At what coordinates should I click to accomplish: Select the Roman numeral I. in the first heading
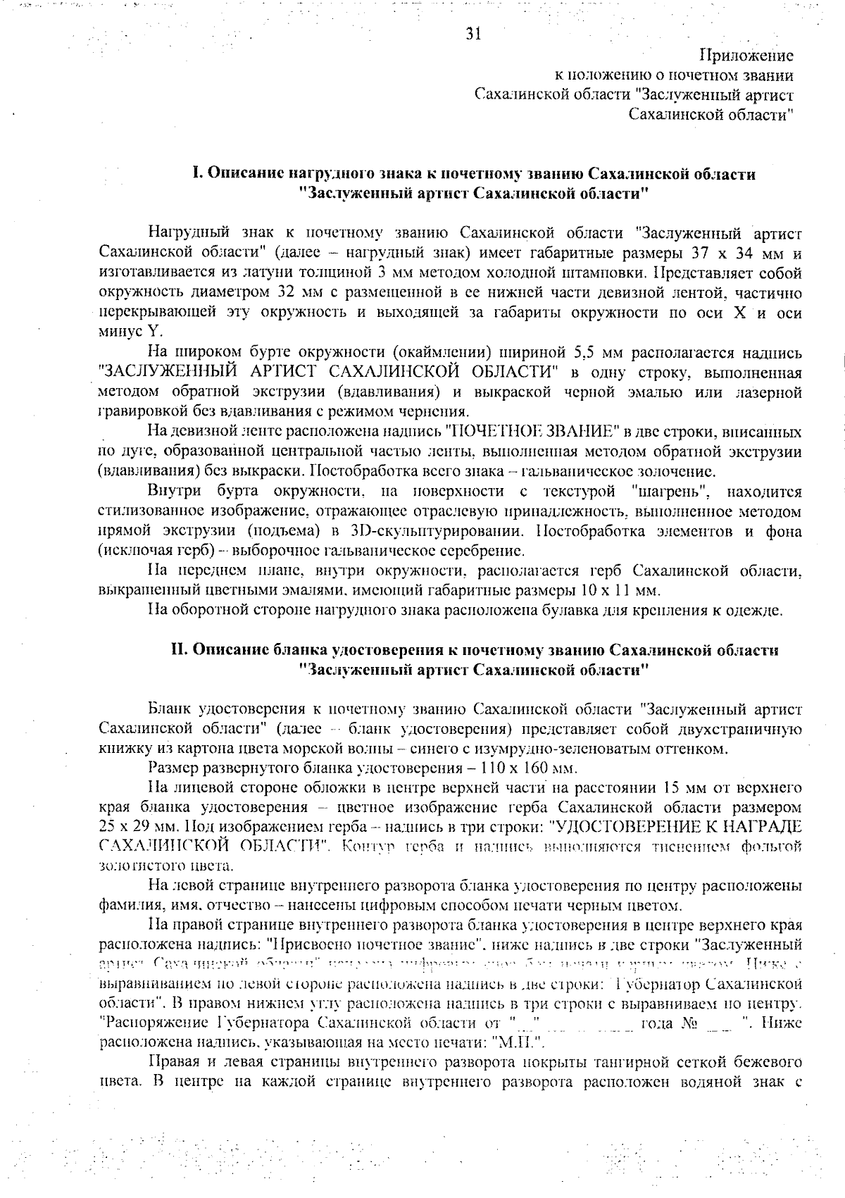[x=198, y=174]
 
